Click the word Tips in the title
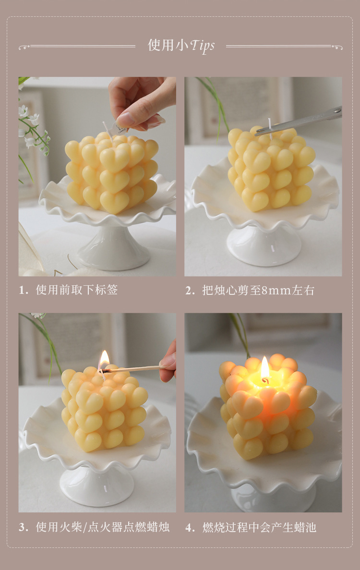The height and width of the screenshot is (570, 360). [202, 46]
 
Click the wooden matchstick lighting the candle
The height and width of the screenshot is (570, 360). [134, 369]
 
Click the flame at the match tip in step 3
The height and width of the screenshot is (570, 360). [104, 359]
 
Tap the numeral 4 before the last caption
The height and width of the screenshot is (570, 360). [190, 527]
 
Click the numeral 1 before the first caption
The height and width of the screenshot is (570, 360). [22, 290]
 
